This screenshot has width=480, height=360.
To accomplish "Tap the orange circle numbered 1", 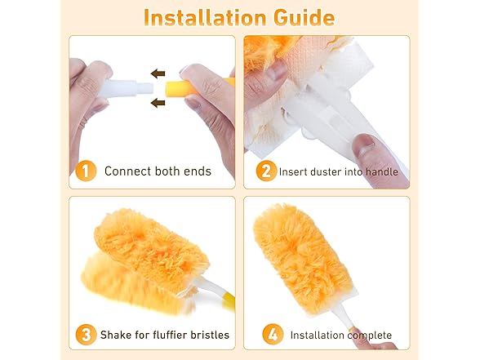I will (84, 171).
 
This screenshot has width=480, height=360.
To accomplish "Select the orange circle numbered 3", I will (84, 335).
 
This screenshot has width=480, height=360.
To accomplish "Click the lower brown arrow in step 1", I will (157, 102).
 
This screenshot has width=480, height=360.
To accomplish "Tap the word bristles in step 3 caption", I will (209, 335).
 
